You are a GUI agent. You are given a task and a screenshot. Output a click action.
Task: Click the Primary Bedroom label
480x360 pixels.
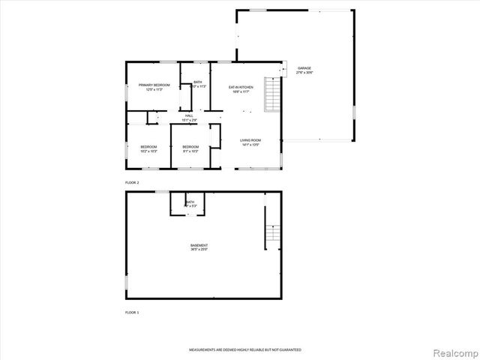154,85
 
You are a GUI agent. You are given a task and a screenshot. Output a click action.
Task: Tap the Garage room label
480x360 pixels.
304,67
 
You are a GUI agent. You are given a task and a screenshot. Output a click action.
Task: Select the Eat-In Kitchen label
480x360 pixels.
241,88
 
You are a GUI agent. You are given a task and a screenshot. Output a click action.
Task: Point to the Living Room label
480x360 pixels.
250,140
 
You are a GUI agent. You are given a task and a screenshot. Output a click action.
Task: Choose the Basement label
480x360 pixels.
199,245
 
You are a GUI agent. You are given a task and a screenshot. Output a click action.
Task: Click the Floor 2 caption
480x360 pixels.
132,182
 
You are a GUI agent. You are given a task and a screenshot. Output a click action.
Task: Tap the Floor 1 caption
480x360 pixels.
132,311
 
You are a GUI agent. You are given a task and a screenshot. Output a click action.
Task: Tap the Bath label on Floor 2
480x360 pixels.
198,82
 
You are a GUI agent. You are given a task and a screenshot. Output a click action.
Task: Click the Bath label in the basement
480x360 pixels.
190,202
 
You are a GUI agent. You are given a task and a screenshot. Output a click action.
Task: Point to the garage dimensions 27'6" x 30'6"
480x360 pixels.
304,72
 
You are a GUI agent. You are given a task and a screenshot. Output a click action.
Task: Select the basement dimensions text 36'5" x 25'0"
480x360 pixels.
199,250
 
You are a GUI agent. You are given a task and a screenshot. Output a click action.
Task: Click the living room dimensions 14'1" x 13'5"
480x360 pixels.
250,145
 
